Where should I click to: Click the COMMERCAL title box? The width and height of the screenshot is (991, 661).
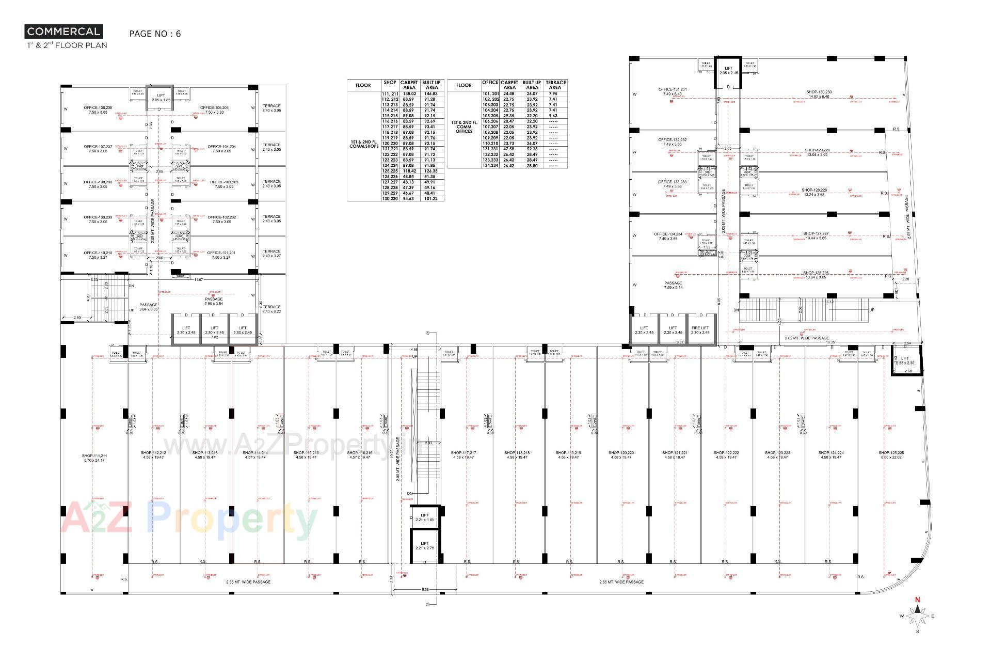[63, 32]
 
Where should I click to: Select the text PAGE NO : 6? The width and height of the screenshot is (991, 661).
[155, 34]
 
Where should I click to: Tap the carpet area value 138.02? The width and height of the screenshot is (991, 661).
[409, 93]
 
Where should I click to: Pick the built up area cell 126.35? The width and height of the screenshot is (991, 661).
[431, 171]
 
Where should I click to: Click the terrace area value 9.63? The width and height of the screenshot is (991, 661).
[553, 116]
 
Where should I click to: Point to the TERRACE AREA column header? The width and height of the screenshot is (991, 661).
[556, 85]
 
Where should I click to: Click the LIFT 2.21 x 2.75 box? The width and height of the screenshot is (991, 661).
[424, 545]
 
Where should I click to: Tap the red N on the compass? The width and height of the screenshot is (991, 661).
[917, 600]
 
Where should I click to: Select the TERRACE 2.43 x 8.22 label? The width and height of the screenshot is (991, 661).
[271, 309]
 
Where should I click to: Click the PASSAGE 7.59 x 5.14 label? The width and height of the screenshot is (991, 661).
[673, 285]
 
